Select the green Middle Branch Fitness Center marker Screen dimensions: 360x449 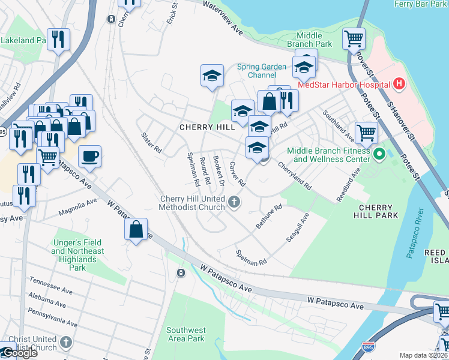pos(379,155)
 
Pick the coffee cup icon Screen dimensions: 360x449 pos(89,157)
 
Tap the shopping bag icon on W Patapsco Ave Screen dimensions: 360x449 pos(136,229)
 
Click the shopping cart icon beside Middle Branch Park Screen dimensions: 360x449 pos(354,40)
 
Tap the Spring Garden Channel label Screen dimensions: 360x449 pos(262,71)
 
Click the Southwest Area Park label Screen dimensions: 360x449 pos(185,334)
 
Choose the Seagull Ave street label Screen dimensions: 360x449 pos(297,227)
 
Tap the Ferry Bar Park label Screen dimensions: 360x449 pos(420,4)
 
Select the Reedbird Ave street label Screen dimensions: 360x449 pos(348,185)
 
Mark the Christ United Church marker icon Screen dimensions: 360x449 pos(65,343)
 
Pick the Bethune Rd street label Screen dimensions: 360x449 pos(269,217)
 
